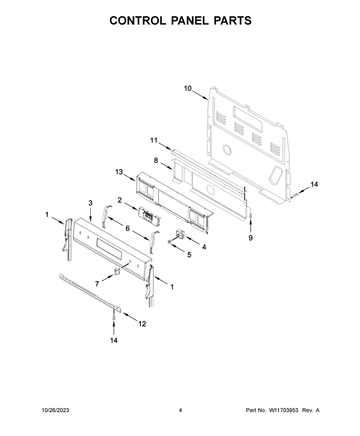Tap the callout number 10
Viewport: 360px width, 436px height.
(x=188, y=89)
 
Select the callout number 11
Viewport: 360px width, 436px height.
(x=154, y=140)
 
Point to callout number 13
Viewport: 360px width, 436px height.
(x=119, y=172)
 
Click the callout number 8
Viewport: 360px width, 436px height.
(x=156, y=160)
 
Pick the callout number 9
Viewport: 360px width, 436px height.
(x=251, y=238)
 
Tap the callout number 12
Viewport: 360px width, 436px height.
(x=142, y=324)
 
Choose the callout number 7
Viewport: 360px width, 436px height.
(x=97, y=284)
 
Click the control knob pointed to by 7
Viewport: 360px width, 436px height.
(x=117, y=271)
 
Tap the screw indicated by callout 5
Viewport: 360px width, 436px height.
(x=169, y=242)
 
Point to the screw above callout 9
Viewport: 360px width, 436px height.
(x=251, y=215)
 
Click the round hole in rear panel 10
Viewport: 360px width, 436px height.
(x=227, y=149)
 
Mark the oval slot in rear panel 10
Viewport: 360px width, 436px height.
(x=275, y=175)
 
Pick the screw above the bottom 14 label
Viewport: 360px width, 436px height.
(x=113, y=316)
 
